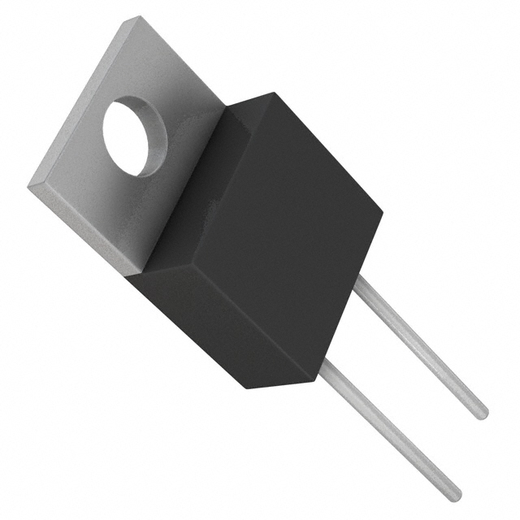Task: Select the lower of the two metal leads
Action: coord(390,431)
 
